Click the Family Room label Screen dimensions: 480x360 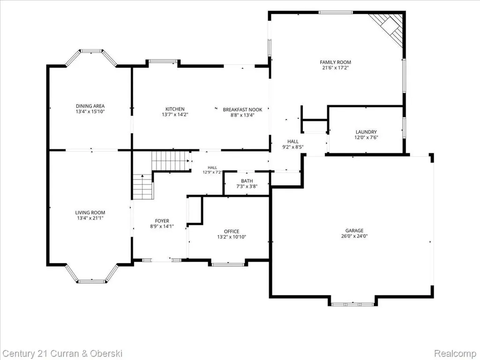click(336, 62)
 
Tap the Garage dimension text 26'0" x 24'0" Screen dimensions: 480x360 click(354, 236)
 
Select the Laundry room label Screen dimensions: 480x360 click(366, 132)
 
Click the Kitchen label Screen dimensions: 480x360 click(175, 109)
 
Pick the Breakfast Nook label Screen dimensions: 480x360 click(242, 110)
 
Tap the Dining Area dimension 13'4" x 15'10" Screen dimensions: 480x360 click(90, 112)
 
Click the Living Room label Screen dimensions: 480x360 click(90, 212)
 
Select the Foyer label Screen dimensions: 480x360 click(162, 221)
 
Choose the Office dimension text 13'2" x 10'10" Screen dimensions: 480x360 click(232, 237)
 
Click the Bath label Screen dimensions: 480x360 click(247, 181)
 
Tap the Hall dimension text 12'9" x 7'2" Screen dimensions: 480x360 click(212, 172)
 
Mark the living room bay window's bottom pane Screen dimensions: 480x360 click(91, 281)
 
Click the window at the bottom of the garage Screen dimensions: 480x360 click(352, 304)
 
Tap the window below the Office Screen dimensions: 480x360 click(228, 264)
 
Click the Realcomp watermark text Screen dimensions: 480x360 click(455, 353)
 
